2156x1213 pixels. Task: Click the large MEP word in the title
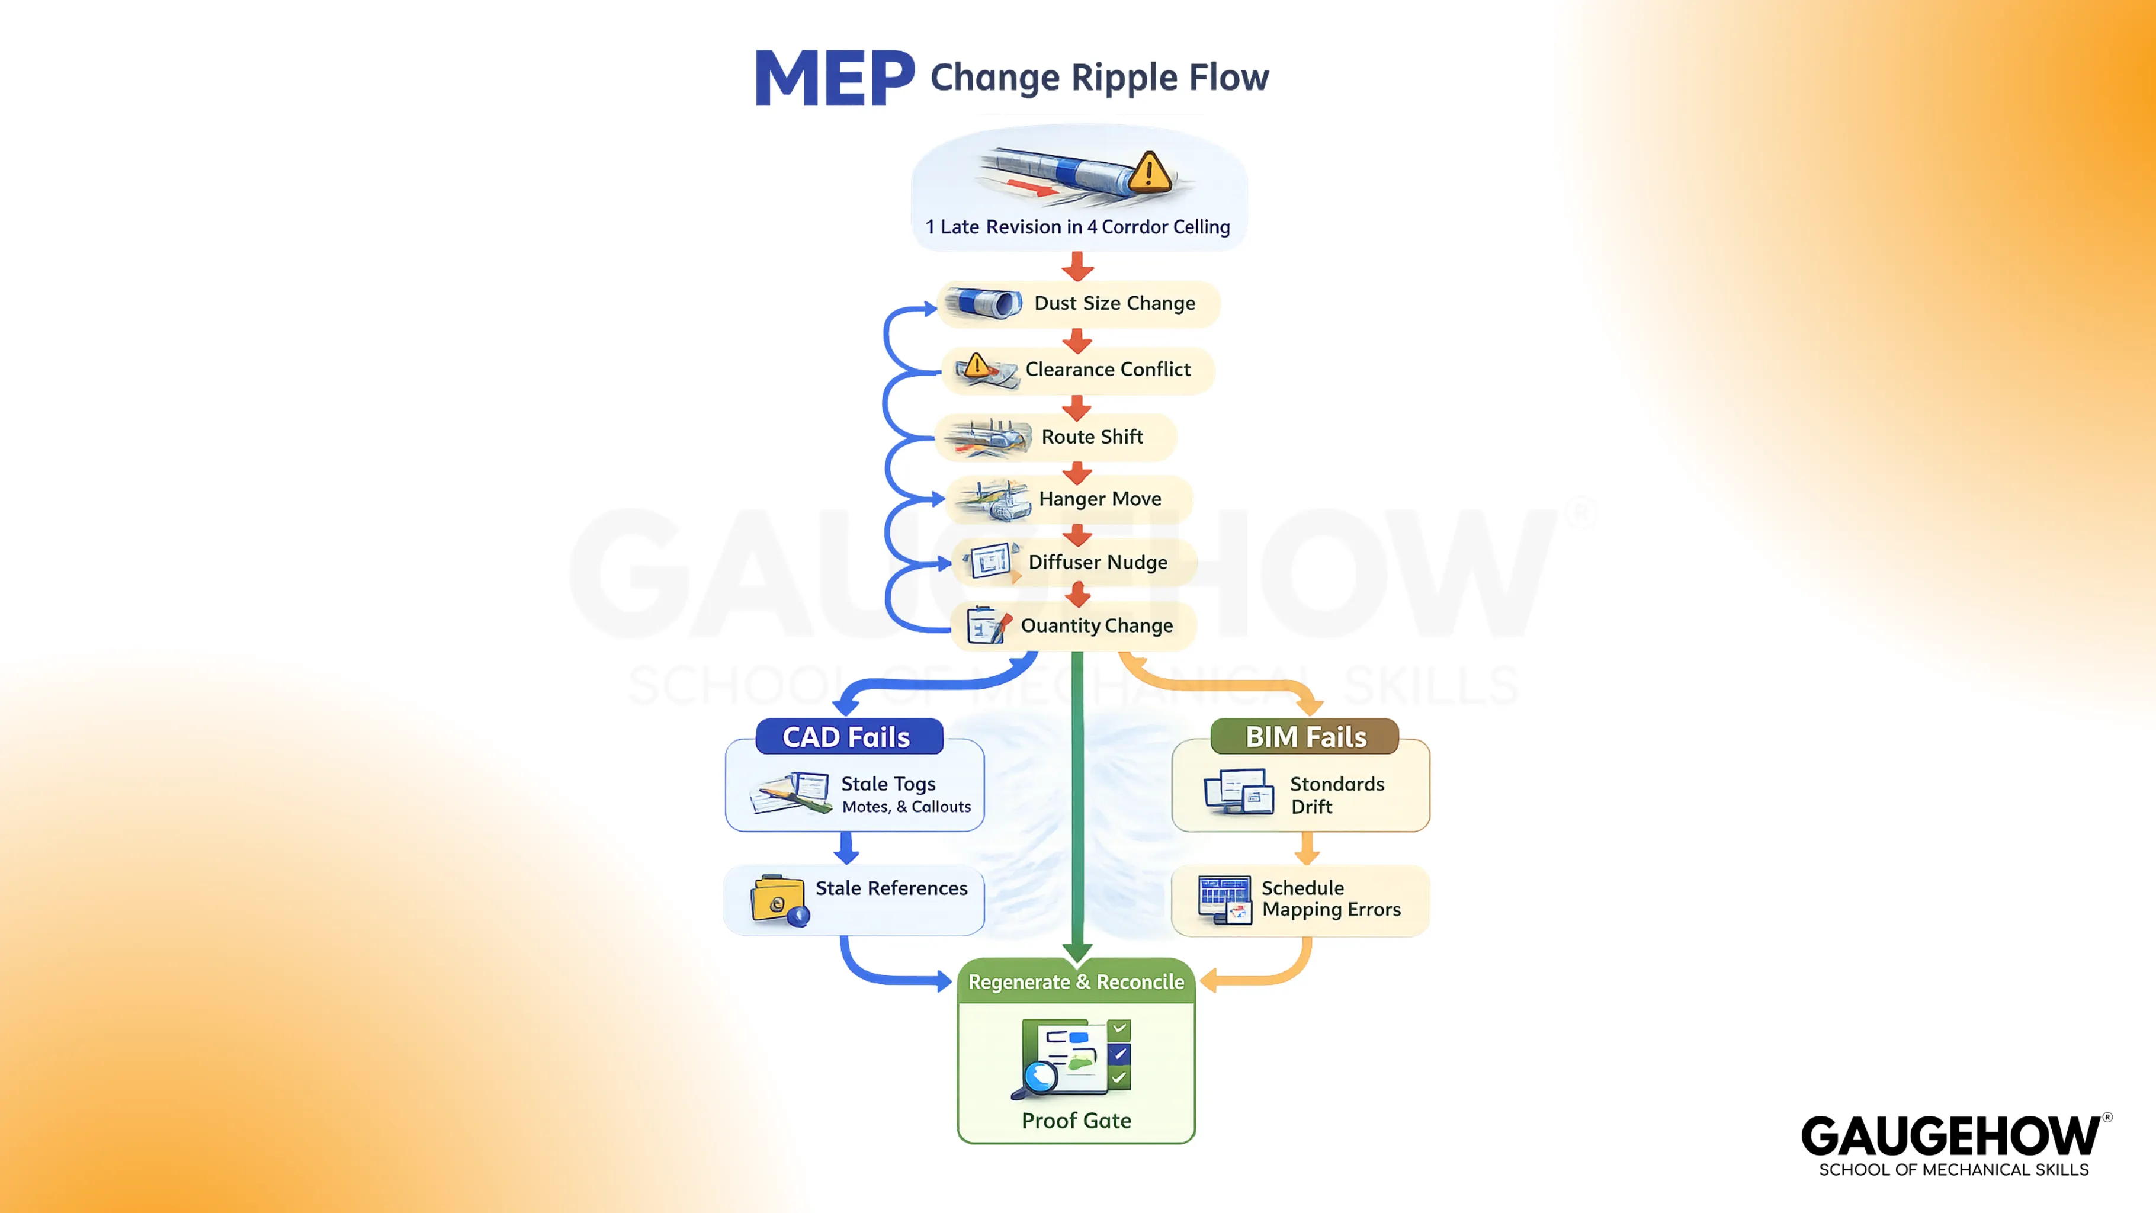point(835,78)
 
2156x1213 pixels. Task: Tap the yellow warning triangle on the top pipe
point(1149,172)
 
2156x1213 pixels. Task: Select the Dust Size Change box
point(1080,303)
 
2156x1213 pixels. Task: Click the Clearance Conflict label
point(1107,369)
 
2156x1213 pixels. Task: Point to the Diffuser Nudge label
point(1097,561)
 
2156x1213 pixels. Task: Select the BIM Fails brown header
point(1304,737)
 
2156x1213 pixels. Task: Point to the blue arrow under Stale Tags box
point(847,848)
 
